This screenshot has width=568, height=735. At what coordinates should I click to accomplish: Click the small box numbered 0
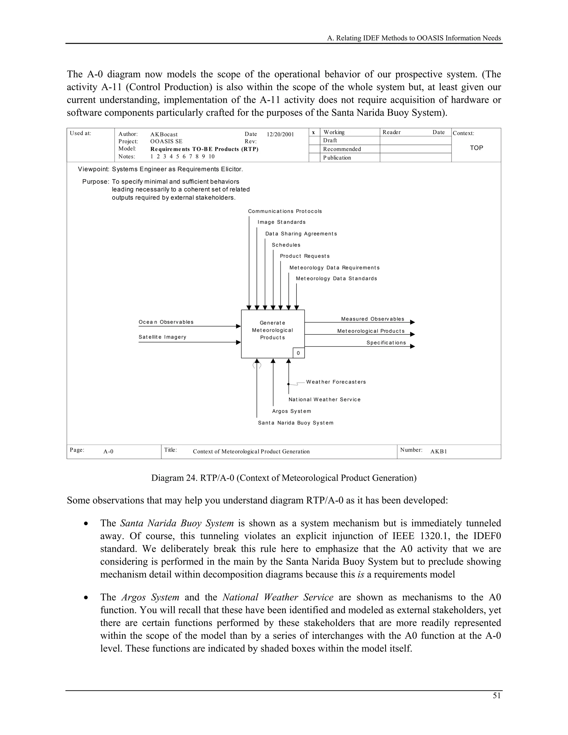pyautogui.click(x=298, y=353)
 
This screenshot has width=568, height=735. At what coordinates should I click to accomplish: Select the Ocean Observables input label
pyautogui.click(x=166, y=322)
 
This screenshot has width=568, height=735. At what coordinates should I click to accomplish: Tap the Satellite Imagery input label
pyautogui.click(x=163, y=337)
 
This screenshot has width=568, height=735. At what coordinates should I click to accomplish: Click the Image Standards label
pyautogui.click(x=282, y=222)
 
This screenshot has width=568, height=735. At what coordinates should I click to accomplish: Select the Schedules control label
pyautogui.click(x=286, y=245)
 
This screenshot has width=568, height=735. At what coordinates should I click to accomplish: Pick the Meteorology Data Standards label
pyautogui.click(x=336, y=279)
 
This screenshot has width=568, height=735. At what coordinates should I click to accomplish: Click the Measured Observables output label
pyautogui.click(x=372, y=319)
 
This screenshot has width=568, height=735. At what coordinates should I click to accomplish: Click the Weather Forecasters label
pyautogui.click(x=336, y=382)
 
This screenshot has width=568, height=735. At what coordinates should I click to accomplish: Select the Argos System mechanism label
pyautogui.click(x=292, y=411)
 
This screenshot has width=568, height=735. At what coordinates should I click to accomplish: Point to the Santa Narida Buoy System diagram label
pyautogui.click(x=296, y=423)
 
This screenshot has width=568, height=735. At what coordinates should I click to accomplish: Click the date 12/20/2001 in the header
pyautogui.click(x=280, y=135)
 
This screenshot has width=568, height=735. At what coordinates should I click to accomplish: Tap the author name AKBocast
pyautogui.click(x=164, y=135)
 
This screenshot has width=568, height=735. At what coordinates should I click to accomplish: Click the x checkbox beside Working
pyautogui.click(x=314, y=133)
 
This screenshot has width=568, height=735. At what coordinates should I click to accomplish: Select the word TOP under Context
pyautogui.click(x=476, y=148)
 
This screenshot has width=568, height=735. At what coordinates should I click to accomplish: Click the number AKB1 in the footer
pyautogui.click(x=439, y=452)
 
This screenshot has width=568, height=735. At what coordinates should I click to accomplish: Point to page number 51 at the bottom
pyautogui.click(x=497, y=696)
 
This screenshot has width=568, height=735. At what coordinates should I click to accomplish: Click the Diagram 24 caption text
pyautogui.click(x=284, y=478)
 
